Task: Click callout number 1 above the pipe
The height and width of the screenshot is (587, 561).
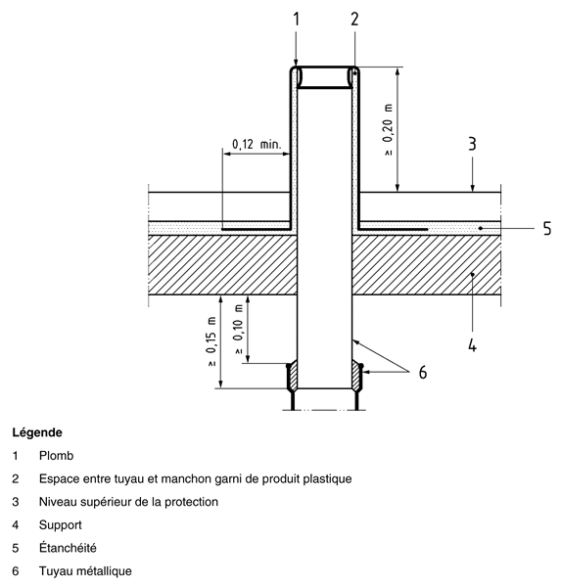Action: coord(297,20)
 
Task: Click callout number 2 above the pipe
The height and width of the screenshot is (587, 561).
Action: coord(354,20)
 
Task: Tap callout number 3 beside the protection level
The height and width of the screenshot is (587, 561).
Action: coord(472,144)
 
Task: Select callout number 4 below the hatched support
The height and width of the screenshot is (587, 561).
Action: coord(472,344)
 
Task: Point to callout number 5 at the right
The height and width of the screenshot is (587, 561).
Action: coord(547,228)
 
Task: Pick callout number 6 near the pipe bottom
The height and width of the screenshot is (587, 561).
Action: coord(423,373)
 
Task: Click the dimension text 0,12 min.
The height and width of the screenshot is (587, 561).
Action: coord(257,144)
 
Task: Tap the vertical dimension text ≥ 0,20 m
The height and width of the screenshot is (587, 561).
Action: coord(389,129)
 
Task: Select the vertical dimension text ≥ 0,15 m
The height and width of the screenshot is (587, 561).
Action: coord(210,341)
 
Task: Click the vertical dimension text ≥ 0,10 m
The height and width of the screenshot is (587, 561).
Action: coord(238,329)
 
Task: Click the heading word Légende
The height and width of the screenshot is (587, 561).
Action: coord(37,432)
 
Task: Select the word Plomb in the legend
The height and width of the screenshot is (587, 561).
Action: coord(56,456)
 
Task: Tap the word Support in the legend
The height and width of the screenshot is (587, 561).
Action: coord(61,525)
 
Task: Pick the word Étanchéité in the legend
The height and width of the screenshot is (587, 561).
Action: coord(68,548)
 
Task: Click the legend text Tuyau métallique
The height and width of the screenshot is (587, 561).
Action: coord(85,571)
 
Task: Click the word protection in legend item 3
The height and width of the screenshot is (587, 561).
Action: coord(192,502)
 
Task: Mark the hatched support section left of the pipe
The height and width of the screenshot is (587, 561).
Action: coord(223,265)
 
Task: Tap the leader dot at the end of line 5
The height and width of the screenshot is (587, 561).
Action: coord(481,228)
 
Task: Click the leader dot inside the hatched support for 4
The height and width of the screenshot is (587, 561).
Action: coord(473,274)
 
